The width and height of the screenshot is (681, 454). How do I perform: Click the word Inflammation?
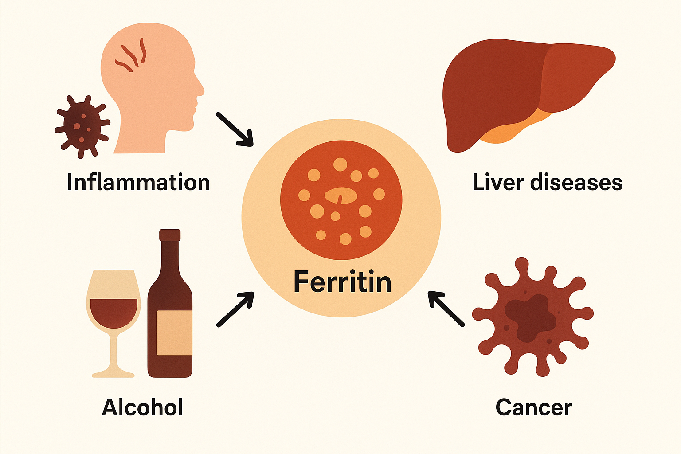pyautogui.click(x=138, y=183)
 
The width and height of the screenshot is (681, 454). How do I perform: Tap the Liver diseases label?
pyautogui.click(x=547, y=183)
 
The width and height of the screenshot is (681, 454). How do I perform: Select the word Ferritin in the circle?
pyautogui.click(x=342, y=282)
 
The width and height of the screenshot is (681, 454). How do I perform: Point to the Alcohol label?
pyautogui.click(x=142, y=407)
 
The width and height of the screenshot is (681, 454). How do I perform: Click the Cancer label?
pyautogui.click(x=533, y=407)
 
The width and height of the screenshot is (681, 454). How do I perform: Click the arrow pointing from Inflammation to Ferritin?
pyautogui.click(x=235, y=129)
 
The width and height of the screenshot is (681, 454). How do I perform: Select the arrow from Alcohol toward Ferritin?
pyautogui.click(x=235, y=309)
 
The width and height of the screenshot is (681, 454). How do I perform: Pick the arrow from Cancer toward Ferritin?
pyautogui.click(x=446, y=309)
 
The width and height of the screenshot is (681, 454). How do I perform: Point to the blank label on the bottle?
pyautogui.click(x=174, y=333)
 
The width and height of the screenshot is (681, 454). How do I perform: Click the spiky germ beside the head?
pyautogui.click(x=82, y=125)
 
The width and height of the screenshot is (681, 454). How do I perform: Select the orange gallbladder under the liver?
pyautogui.click(x=510, y=131)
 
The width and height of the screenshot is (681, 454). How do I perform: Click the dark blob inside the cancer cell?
pyautogui.click(x=530, y=317)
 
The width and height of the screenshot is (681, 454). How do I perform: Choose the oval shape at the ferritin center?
pyautogui.click(x=340, y=196)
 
